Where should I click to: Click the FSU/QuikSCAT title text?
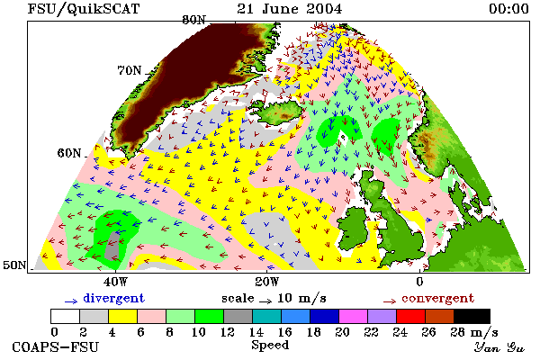tap(84, 9)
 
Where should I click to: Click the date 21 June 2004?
tap(289, 9)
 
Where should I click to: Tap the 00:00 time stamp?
tap(508, 9)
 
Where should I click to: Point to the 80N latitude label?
tap(193, 20)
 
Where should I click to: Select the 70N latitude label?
tap(130, 70)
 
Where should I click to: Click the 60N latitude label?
tap(69, 153)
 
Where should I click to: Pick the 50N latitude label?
tap(14, 265)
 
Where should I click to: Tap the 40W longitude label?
tap(116, 282)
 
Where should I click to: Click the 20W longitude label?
tap(267, 282)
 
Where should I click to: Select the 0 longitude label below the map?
tap(419, 282)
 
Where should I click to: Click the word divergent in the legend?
tap(113, 298)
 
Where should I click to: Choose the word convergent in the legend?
tap(437, 298)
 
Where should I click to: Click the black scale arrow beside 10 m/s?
tap(265, 301)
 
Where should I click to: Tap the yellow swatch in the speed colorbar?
tap(123, 316)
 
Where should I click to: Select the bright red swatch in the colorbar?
tap(410, 316)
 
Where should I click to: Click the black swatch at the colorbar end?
tap(472, 316)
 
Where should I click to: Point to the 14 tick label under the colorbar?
tap(256, 332)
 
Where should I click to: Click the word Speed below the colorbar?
tap(270, 346)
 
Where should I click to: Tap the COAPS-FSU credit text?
tap(55, 346)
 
